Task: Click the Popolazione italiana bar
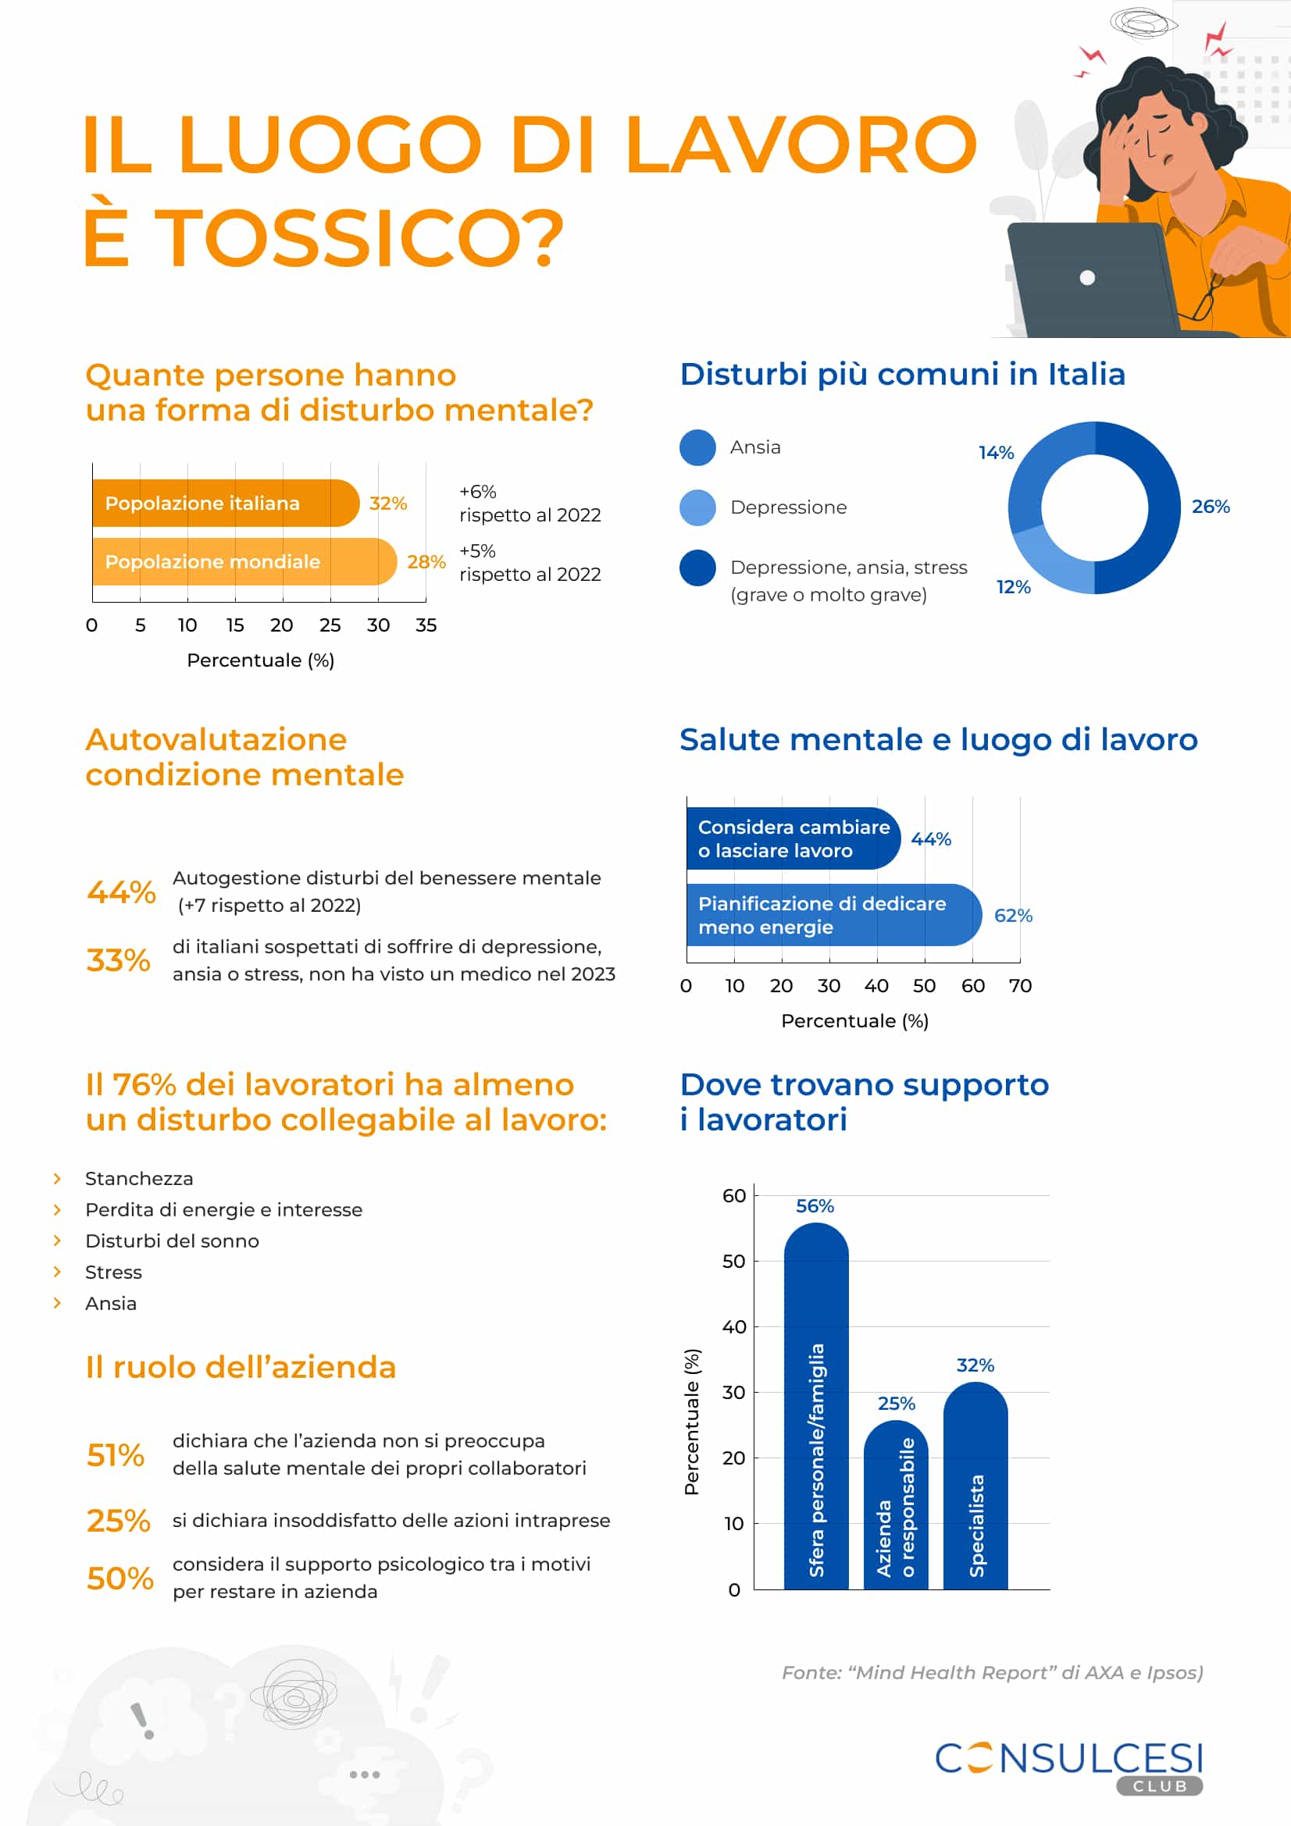(x=225, y=503)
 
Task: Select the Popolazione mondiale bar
(x=244, y=561)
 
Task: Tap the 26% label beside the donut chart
(x=1210, y=507)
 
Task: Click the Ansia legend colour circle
(x=697, y=448)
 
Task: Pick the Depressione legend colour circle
(x=697, y=507)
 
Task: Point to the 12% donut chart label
(x=1013, y=587)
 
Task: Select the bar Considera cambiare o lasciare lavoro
(x=792, y=839)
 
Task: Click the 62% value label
(x=1013, y=916)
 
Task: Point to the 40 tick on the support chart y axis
(x=734, y=1326)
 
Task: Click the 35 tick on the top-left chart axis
(x=426, y=625)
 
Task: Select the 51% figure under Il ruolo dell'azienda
(x=116, y=1454)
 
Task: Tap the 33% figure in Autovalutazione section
(x=118, y=960)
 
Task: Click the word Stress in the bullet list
(x=114, y=1272)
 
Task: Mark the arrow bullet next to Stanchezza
(x=57, y=1178)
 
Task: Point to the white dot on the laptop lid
(x=1087, y=278)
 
